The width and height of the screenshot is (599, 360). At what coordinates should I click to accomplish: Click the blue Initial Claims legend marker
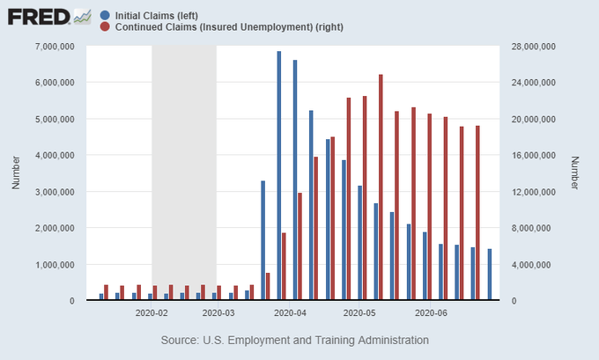coord(106,15)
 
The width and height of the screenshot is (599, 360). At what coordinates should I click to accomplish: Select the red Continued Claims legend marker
coord(106,27)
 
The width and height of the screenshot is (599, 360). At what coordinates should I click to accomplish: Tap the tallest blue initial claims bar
coord(279,176)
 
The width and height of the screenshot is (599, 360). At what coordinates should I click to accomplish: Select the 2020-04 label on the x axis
coord(290,312)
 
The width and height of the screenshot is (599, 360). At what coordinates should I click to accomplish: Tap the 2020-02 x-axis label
coord(152,312)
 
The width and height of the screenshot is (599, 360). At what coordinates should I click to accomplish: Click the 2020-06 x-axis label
coord(431,312)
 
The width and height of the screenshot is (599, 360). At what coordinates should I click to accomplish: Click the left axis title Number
coord(16,173)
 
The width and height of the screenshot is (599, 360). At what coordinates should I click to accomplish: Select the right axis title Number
coord(574,173)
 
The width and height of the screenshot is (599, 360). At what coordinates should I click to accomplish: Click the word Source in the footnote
coord(180,339)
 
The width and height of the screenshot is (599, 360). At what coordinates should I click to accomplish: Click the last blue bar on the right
coord(490,275)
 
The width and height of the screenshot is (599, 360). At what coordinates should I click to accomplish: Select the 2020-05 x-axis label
coord(359,312)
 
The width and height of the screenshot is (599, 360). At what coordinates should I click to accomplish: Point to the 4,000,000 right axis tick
coord(535,264)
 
